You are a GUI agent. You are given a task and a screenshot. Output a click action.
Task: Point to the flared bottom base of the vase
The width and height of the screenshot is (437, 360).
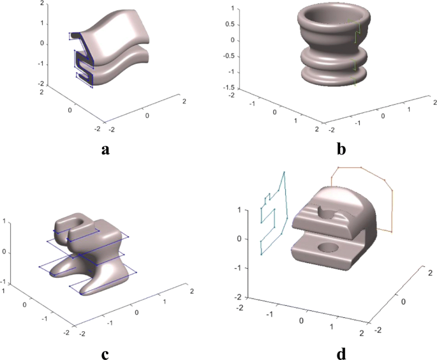(332, 75)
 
